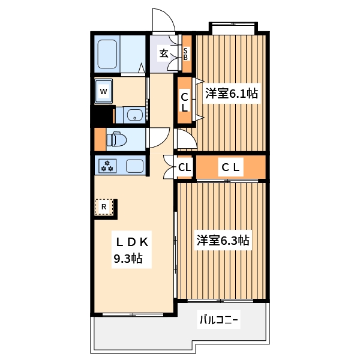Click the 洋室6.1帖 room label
(232, 94)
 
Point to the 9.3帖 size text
(128, 259)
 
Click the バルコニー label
(219, 320)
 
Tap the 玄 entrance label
(164, 53)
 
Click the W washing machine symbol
(104, 92)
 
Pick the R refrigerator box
(104, 207)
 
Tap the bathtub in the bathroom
(109, 54)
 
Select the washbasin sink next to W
(133, 115)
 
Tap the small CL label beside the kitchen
(185, 167)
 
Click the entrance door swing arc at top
(163, 20)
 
